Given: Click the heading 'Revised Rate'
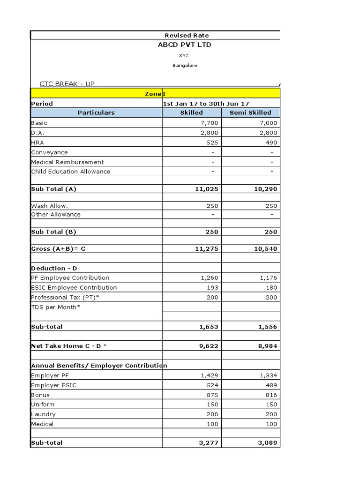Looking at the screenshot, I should [x=187, y=36].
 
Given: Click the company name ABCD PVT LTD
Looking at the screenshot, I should [x=184, y=45].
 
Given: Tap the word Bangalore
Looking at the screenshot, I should [x=185, y=66].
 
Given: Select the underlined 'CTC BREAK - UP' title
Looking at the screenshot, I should [x=67, y=84].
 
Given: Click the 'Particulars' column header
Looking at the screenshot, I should [x=96, y=112].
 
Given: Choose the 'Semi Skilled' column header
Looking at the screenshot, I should [x=250, y=112].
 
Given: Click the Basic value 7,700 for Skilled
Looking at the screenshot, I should [x=209, y=123].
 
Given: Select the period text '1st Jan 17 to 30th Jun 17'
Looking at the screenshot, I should [x=206, y=104].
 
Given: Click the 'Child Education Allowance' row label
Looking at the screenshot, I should [x=71, y=172].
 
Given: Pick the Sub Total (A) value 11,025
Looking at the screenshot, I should [x=206, y=189].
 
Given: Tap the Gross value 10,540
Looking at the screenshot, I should [x=266, y=249].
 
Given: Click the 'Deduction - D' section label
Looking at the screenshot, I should [x=54, y=268].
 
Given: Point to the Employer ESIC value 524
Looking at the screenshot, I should [x=211, y=385].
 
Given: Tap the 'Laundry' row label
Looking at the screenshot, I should [x=43, y=414].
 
